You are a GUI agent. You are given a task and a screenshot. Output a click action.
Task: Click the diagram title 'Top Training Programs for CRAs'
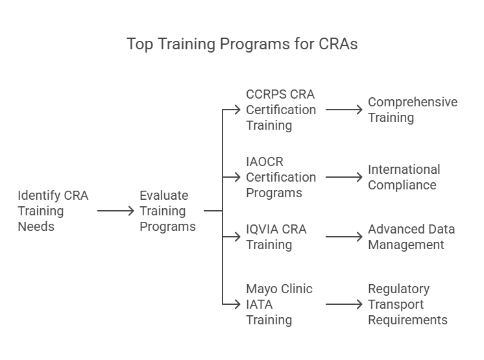(x=242, y=44)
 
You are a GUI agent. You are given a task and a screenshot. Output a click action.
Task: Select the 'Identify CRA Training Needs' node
(x=53, y=211)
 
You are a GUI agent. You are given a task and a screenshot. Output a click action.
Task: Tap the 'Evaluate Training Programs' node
(x=167, y=211)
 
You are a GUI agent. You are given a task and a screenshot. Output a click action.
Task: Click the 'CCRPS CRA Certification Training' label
(x=280, y=110)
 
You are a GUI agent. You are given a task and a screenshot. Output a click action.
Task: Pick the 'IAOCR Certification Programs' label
(x=280, y=177)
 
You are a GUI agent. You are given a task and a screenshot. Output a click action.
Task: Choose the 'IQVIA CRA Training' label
(x=276, y=237)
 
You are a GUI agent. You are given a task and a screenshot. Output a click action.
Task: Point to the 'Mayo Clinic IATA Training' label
(x=278, y=304)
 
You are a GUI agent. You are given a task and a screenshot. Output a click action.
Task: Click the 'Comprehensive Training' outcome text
(x=412, y=110)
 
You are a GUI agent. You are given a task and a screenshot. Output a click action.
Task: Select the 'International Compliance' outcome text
(x=404, y=177)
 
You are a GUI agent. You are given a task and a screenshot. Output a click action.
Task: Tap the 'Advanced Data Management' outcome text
(x=411, y=237)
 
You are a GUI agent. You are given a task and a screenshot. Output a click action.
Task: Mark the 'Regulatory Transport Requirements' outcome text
(x=407, y=304)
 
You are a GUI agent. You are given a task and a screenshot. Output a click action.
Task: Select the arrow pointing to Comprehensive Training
(x=344, y=110)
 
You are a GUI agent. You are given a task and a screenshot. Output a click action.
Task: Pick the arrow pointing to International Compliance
(x=344, y=177)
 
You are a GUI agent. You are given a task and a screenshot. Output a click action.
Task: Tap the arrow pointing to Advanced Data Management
(x=344, y=237)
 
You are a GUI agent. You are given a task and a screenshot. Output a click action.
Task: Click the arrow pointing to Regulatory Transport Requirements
(x=344, y=304)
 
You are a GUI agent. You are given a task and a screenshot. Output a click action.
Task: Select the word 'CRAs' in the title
(x=337, y=44)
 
